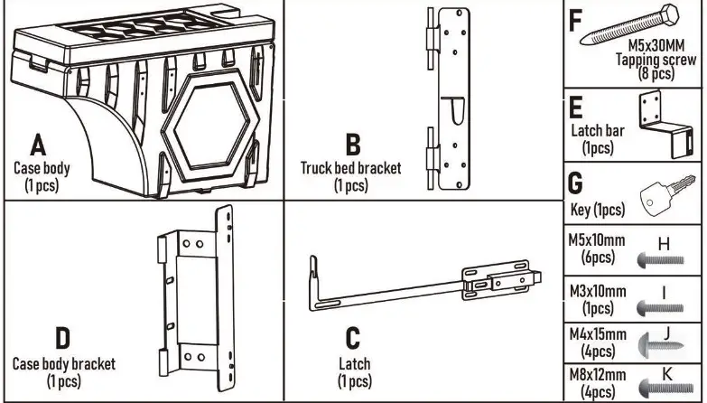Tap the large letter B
tap(353, 145)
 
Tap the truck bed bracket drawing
tap(449, 102)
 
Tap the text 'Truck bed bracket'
tap(351, 168)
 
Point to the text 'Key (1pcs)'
tap(597, 210)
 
